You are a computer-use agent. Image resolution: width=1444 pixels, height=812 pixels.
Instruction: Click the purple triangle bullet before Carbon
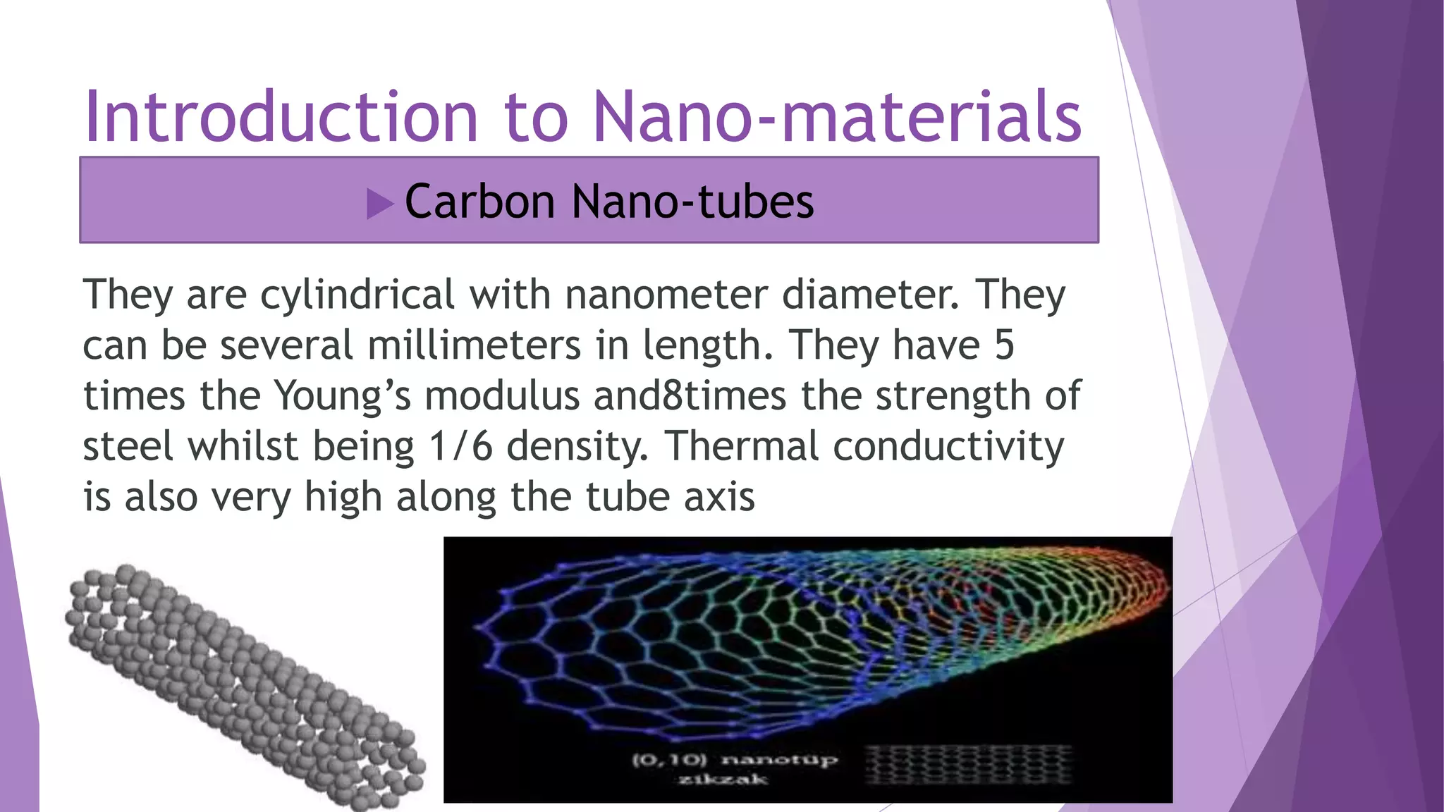coord(379,204)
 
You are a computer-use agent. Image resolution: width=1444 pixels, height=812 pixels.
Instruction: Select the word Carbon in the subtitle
coord(480,202)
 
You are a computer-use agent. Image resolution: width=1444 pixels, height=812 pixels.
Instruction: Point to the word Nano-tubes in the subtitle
coord(692,202)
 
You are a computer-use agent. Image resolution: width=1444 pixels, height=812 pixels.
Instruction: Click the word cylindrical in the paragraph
coord(357,295)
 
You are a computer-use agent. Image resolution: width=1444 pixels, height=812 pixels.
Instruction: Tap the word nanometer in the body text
coord(665,295)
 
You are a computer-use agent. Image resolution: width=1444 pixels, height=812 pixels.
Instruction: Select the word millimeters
coord(475,345)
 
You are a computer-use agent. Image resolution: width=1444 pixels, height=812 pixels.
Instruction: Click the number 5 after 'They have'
coord(1003,345)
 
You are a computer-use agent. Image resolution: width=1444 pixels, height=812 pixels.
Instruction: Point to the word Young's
coord(343,396)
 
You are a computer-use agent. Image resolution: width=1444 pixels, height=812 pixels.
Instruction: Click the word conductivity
coord(948,447)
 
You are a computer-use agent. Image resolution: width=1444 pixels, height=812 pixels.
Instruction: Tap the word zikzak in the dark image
coord(722,779)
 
